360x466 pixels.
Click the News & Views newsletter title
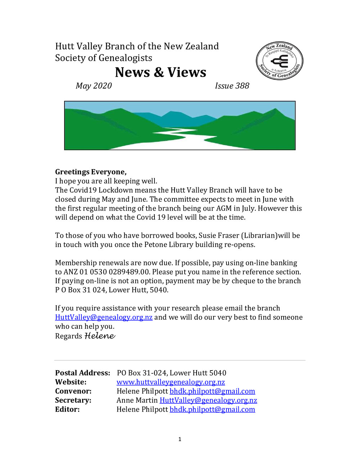coord(161,72)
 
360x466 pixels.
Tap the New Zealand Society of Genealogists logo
coord(279,61)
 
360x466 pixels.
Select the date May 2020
coord(94,86)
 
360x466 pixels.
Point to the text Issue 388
coord(232,86)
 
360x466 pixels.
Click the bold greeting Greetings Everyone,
coord(91,172)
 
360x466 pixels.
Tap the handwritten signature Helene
coord(100,336)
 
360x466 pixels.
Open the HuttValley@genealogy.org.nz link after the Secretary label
coord(208,400)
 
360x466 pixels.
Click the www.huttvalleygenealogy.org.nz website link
coord(171,382)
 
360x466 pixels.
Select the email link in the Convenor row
coord(212,391)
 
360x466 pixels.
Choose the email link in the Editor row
coord(212,409)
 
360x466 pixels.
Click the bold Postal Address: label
coord(82,373)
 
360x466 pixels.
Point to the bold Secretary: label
coord(73,400)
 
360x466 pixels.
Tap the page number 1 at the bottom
coord(180,439)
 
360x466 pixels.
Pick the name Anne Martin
coord(137,400)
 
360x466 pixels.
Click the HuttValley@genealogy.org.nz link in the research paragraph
coord(104,317)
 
